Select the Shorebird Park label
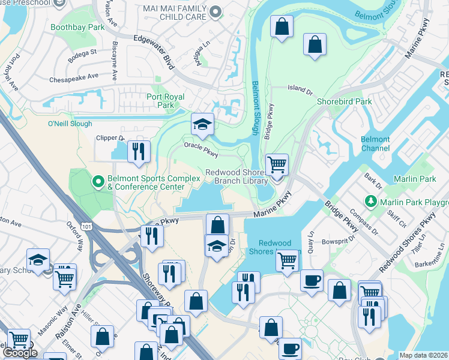tap(345, 101)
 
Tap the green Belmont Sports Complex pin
tap(97, 181)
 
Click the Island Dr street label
tap(300, 88)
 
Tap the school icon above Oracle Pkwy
tap(203, 125)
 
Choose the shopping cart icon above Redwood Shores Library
tap(277, 165)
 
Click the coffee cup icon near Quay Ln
tap(311, 281)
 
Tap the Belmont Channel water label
tap(375, 144)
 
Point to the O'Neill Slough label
tap(70, 124)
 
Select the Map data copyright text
tap(424, 355)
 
